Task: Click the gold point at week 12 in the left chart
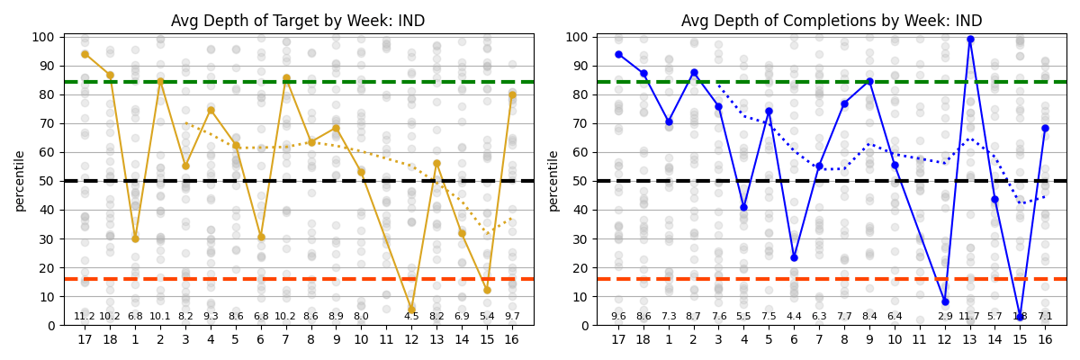click(411, 310)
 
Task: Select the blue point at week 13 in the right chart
click(970, 39)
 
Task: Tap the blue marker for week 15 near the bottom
click(1020, 318)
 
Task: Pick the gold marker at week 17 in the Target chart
click(85, 54)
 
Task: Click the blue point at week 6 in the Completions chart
click(794, 257)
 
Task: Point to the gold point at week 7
click(286, 78)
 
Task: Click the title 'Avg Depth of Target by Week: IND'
click(298, 21)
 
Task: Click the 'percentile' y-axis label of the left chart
click(20, 181)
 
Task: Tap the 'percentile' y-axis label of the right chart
click(553, 181)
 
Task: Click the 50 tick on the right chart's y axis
click(584, 181)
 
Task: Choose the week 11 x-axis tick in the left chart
click(386, 339)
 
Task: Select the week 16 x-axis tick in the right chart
click(1045, 339)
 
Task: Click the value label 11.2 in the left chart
click(85, 317)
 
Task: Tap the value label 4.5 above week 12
click(411, 317)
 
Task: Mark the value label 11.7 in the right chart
click(970, 317)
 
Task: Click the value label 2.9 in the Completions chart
click(945, 317)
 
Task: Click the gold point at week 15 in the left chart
click(487, 290)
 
